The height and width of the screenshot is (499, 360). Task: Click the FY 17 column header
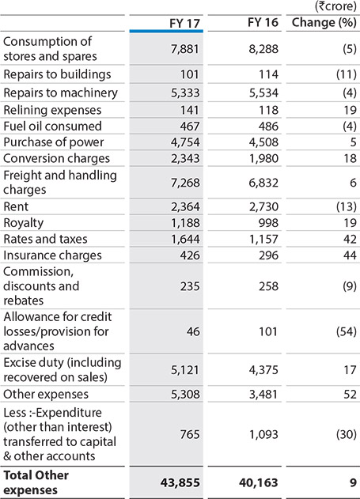184,23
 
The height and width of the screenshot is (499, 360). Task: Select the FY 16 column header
263,23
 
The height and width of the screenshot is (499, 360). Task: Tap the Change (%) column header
324,23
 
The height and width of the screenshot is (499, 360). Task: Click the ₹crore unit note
335,6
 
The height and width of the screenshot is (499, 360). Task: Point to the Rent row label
16,207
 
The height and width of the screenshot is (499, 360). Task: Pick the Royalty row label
23,224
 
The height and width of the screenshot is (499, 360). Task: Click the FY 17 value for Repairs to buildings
190,74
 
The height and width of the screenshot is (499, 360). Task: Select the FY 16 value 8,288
263,49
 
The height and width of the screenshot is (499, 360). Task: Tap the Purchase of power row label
54,142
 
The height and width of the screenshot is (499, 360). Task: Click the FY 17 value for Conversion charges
185,158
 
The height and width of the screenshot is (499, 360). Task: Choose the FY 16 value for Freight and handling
263,183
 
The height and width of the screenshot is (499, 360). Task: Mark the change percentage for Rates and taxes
350,239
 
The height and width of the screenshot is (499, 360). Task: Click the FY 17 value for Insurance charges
190,255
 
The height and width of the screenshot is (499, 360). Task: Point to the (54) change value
347,331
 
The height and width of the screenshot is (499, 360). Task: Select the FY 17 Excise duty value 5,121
185,370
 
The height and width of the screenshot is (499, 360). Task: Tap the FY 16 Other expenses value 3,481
263,395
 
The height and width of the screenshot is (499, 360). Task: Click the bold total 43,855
180,482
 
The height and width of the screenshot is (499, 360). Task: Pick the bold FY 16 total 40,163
259,482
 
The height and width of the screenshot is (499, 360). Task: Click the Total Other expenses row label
36,482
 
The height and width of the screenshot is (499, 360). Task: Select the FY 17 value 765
190,434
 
